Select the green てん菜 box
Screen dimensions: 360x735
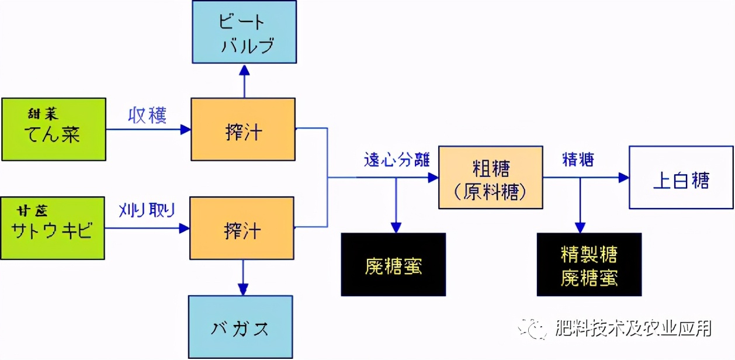(53, 130)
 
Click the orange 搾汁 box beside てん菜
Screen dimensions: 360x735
(243, 130)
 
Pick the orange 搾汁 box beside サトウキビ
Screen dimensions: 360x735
(242, 229)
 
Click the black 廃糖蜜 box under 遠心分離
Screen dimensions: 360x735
(393, 264)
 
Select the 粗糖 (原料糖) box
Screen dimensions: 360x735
(491, 178)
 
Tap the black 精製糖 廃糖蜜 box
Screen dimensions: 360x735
(589, 264)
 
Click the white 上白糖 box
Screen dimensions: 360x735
(681, 178)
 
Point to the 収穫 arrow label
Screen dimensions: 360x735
(147, 115)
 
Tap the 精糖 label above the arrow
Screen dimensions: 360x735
(578, 160)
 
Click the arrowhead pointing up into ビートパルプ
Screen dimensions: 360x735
(244, 69)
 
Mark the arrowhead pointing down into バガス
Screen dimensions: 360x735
(243, 289)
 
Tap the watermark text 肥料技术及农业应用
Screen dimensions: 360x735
(633, 329)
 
